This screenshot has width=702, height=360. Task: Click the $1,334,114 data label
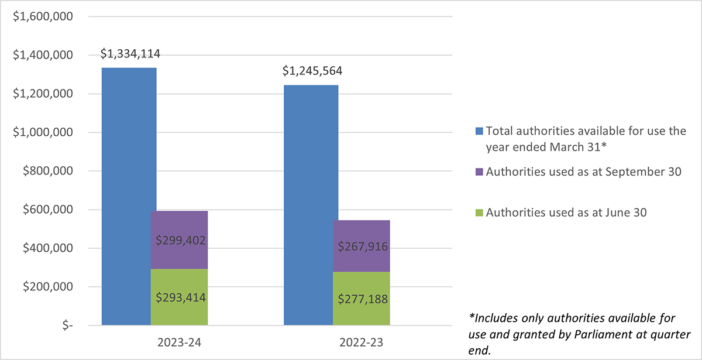(130, 54)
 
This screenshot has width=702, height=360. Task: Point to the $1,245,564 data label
(312, 71)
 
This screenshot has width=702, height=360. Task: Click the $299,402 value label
(181, 240)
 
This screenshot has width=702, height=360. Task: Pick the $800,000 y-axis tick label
(47, 171)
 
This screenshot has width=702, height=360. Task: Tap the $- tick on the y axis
(68, 325)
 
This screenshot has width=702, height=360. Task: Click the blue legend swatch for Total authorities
(479, 131)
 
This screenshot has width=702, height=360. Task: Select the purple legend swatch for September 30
(479, 172)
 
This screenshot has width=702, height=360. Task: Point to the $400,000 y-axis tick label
(47, 248)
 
